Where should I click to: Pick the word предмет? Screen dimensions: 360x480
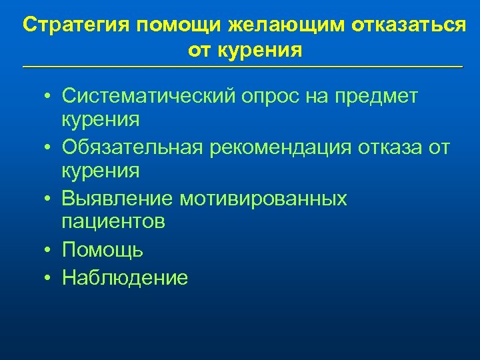tap(378, 97)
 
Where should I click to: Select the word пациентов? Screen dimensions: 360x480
tap(113, 222)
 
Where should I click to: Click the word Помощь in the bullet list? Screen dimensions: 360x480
tap(102, 251)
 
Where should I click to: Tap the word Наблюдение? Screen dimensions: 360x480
tap(125, 277)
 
